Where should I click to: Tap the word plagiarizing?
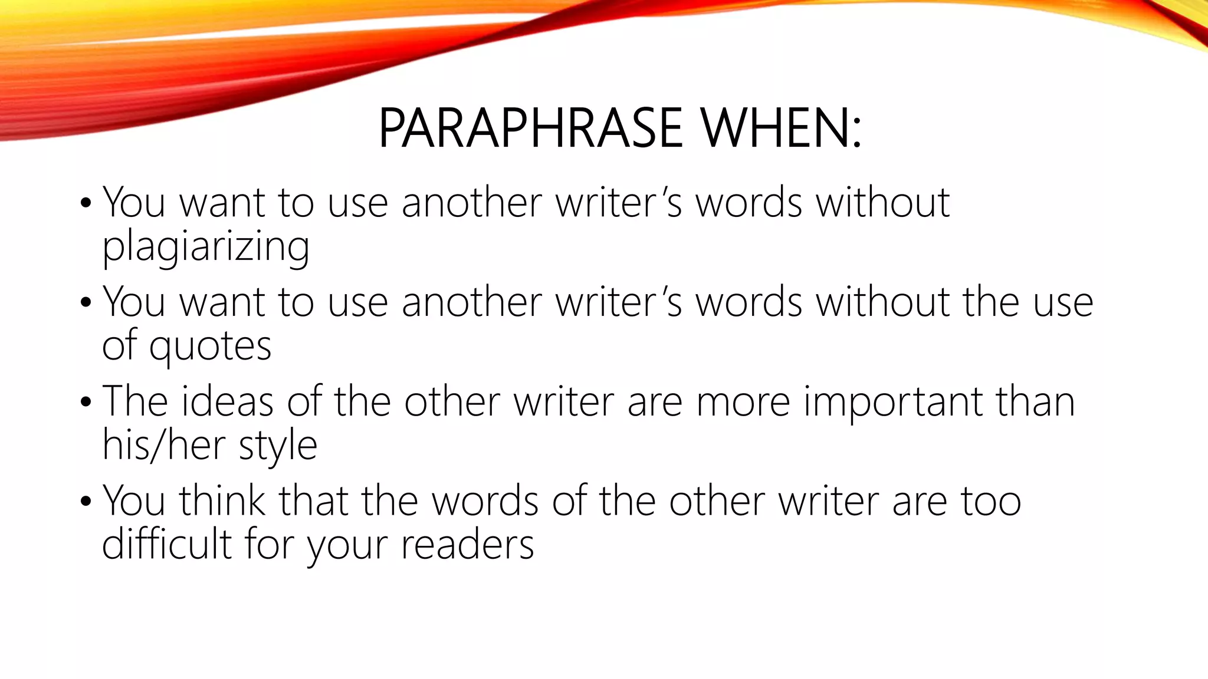coord(206,246)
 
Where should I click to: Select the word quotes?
coord(210,346)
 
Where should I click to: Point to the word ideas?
coord(227,401)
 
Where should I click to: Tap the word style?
coord(278,446)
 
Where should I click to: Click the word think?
coord(222,501)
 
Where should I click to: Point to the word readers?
coord(467,545)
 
